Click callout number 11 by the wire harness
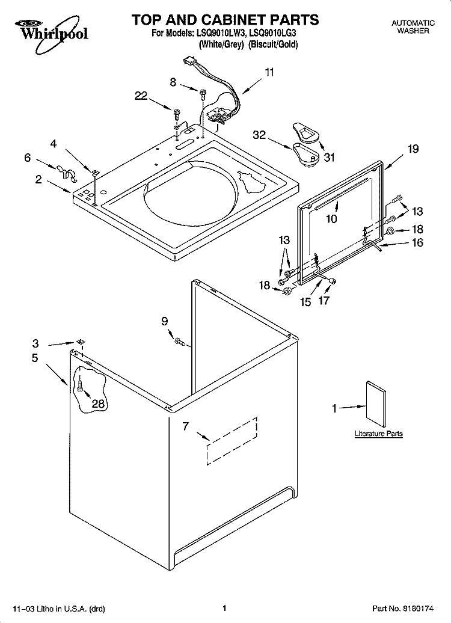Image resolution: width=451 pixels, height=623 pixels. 269,72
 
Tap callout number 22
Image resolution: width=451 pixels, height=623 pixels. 141,96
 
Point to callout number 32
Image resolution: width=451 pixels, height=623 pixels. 259,135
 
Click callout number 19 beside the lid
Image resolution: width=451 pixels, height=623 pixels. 413,149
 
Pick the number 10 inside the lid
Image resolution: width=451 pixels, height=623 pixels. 331,218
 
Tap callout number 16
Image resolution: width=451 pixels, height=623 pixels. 417,242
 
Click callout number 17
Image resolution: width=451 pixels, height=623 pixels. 324,301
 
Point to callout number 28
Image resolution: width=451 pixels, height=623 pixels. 98,404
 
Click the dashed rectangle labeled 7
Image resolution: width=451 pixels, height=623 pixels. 232,441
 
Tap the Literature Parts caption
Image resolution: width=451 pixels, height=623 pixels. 379,434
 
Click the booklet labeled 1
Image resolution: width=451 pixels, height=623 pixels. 376,405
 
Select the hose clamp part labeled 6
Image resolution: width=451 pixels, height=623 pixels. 66,173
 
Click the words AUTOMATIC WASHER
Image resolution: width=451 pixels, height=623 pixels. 413,27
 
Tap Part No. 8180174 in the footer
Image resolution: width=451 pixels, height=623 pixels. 402,609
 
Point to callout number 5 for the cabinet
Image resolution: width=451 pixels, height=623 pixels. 35,358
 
